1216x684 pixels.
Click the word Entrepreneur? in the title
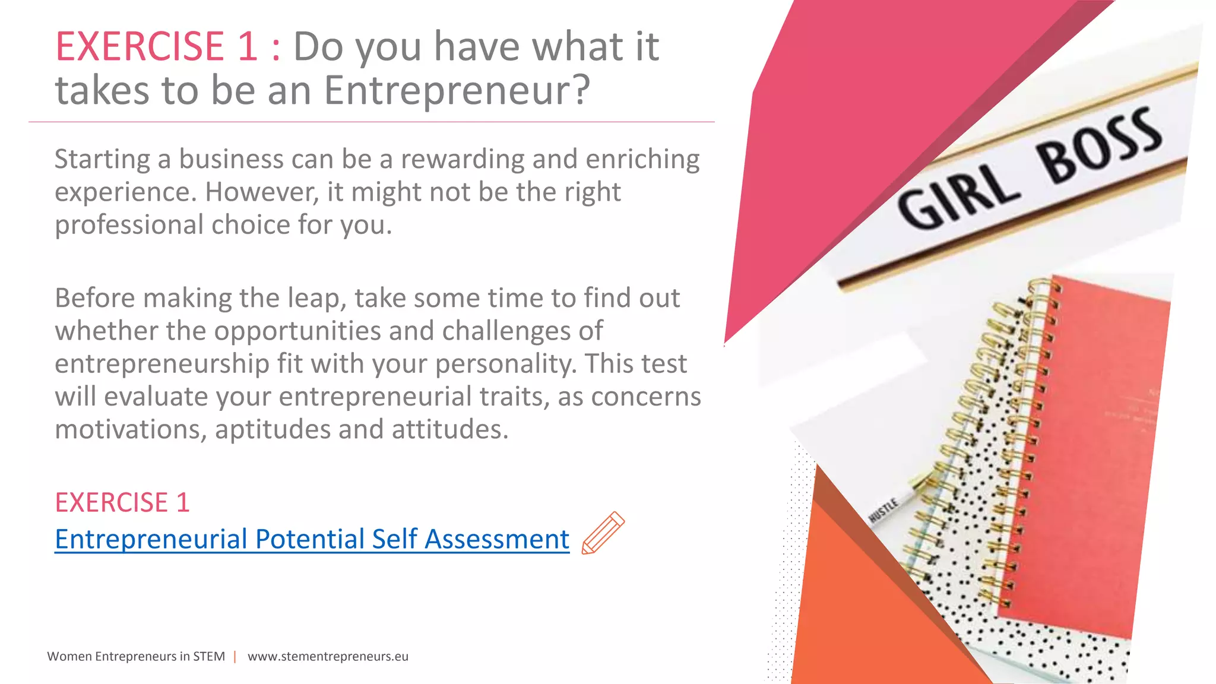[x=457, y=90]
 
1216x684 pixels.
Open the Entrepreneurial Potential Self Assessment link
[x=312, y=539]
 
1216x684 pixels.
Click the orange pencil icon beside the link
[x=603, y=533]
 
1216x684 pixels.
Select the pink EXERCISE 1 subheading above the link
[x=122, y=502]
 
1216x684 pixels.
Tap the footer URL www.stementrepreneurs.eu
[x=328, y=656]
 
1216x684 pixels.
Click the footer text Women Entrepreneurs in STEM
[x=136, y=656]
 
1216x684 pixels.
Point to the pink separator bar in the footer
[x=235, y=656]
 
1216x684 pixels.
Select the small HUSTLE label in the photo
[x=883, y=510]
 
